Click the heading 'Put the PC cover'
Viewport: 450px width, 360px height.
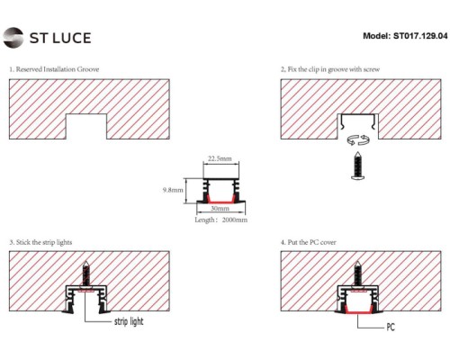tap(315, 243)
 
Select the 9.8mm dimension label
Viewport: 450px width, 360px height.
tap(173, 191)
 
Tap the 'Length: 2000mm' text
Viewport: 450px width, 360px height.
tap(220, 219)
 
